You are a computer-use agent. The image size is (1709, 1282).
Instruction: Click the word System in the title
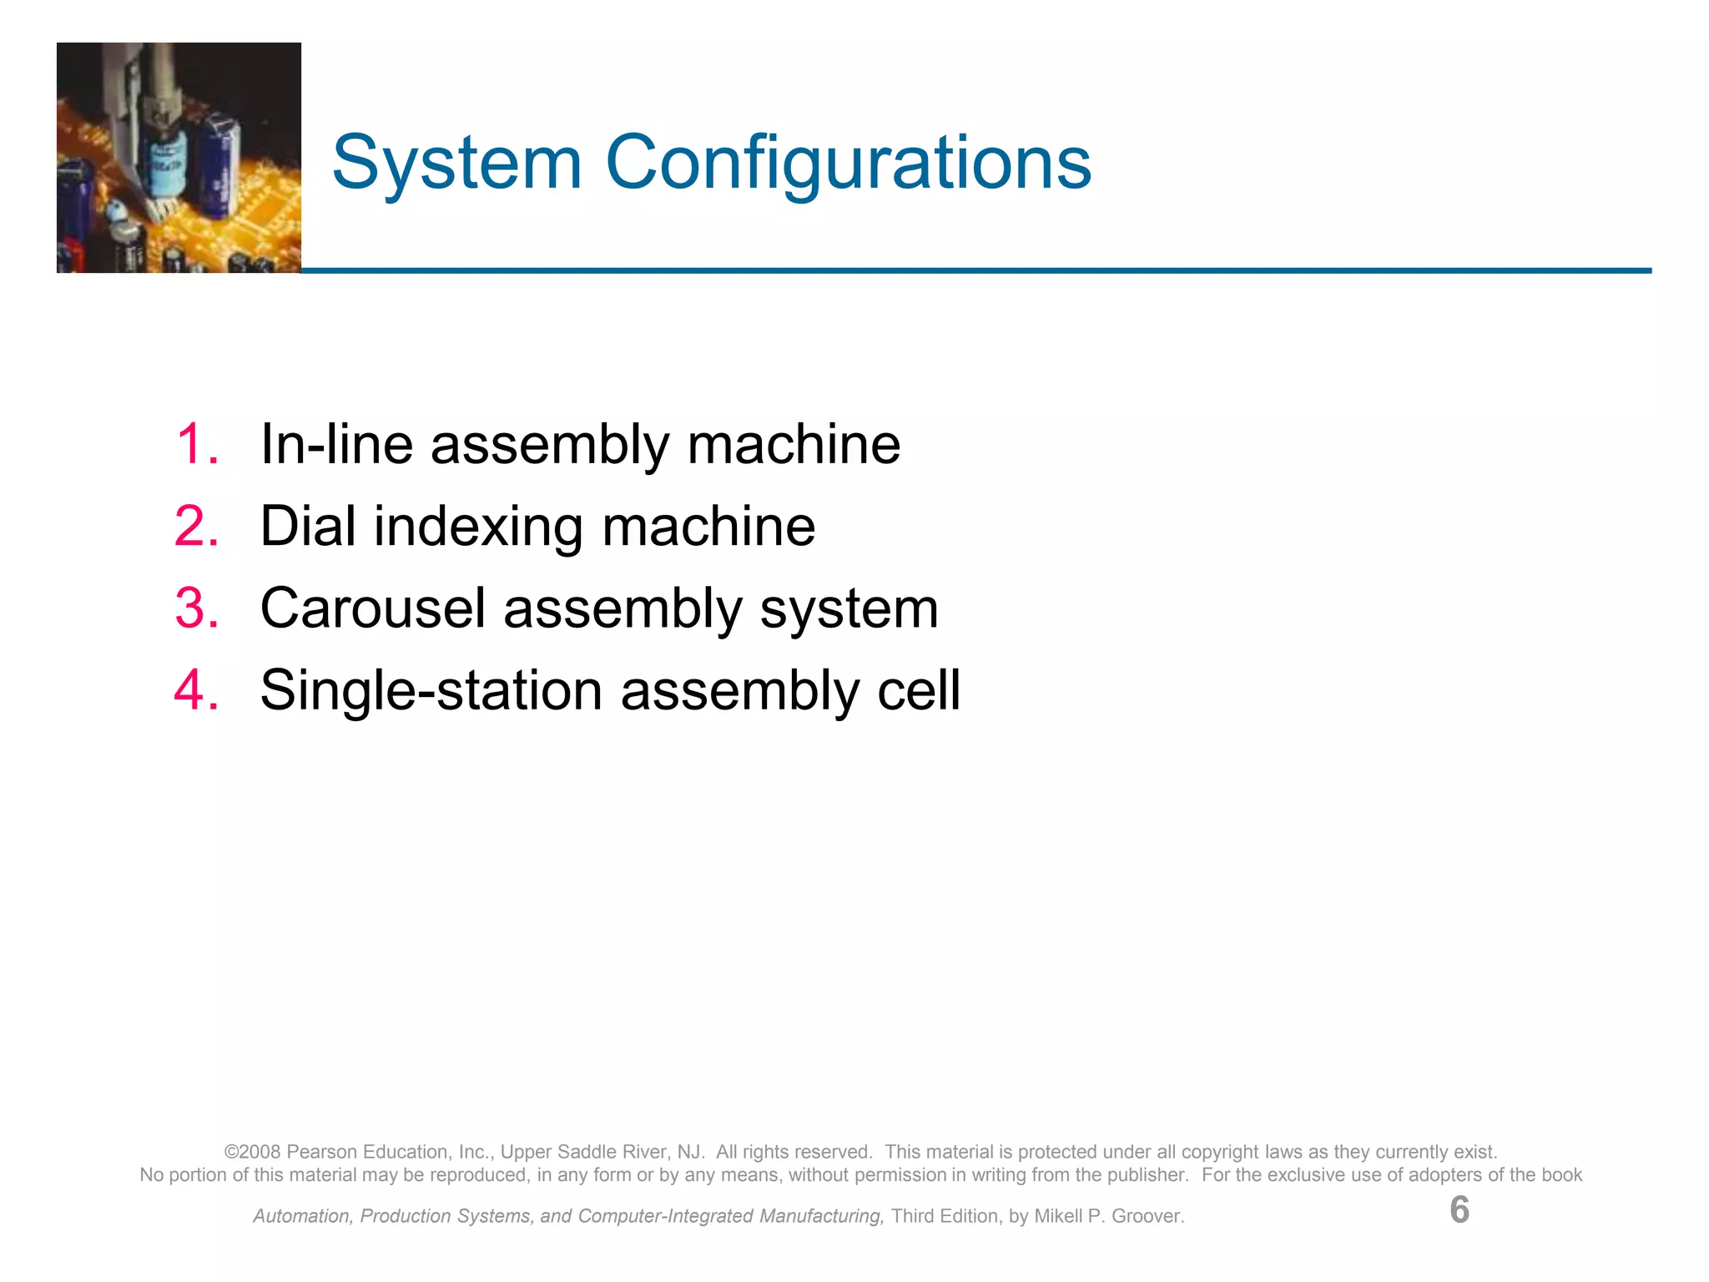pyautogui.click(x=456, y=163)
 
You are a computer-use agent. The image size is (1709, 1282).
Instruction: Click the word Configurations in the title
pyautogui.click(x=848, y=163)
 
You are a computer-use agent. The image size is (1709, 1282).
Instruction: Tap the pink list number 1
pyautogui.click(x=197, y=444)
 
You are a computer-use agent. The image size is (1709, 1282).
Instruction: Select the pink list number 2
pyautogui.click(x=197, y=527)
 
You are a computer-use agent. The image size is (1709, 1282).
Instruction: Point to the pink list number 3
pyautogui.click(x=197, y=608)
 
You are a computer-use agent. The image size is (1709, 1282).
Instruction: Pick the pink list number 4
pyautogui.click(x=197, y=691)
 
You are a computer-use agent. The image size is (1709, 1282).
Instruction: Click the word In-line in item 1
pyautogui.click(x=336, y=444)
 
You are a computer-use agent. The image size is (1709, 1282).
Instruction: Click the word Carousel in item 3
pyautogui.click(x=373, y=608)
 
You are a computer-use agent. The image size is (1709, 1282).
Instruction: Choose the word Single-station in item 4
pyautogui.click(x=431, y=691)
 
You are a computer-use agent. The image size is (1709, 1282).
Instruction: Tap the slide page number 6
pyautogui.click(x=1459, y=1210)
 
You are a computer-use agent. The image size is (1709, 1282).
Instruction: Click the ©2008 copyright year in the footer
pyautogui.click(x=253, y=1152)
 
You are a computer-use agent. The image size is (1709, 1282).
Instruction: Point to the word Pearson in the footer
pyautogui.click(x=318, y=1152)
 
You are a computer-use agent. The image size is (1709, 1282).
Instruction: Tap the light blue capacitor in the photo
pyautogui.click(x=168, y=159)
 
